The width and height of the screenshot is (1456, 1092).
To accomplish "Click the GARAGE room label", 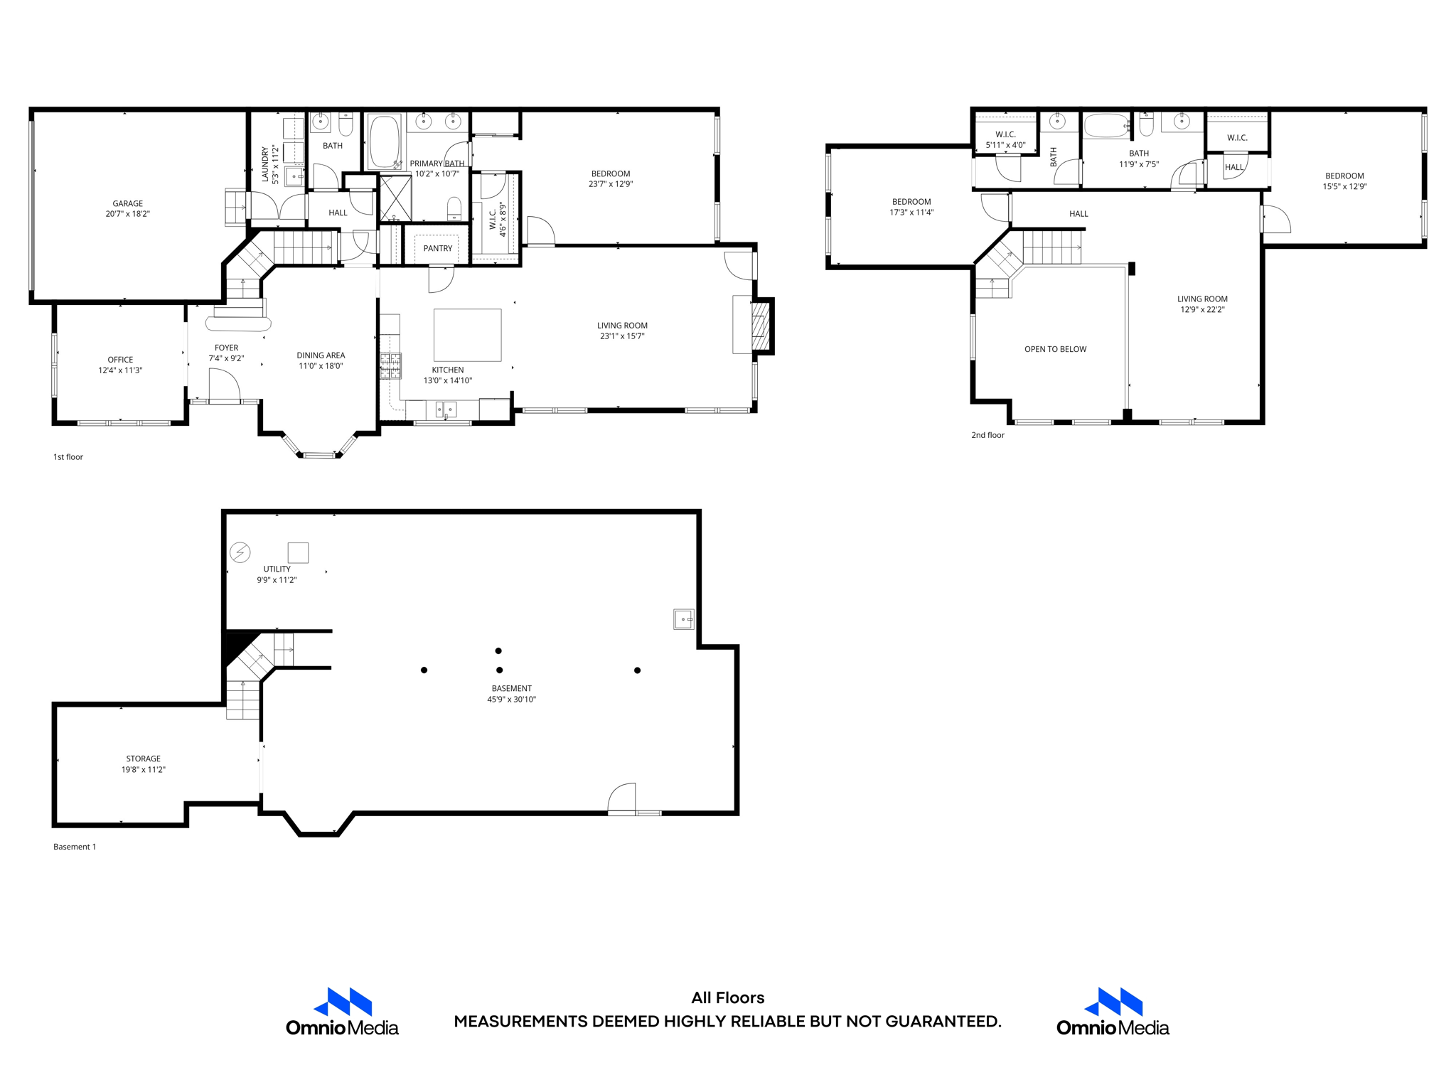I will tap(127, 208).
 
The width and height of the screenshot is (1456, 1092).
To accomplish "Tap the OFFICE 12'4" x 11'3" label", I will tap(120, 365).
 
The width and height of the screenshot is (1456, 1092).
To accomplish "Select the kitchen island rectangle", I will tap(467, 335).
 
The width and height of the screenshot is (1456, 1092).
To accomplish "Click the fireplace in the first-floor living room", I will tap(760, 326).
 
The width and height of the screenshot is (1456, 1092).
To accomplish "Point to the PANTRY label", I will tap(437, 248).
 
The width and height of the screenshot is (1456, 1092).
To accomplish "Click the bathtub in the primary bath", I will tap(384, 141).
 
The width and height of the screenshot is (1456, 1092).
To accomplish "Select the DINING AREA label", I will tap(321, 360).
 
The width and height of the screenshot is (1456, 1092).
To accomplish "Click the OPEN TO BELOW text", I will tap(1055, 349).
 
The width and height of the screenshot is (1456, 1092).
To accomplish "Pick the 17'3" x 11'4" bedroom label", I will tap(911, 207).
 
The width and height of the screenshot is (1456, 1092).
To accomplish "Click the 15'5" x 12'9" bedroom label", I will tap(1344, 181).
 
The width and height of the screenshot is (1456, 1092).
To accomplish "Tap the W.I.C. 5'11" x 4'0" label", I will tap(1005, 139).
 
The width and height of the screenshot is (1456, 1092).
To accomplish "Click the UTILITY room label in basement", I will tap(277, 574).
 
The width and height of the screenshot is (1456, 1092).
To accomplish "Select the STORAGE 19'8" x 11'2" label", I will tap(143, 764).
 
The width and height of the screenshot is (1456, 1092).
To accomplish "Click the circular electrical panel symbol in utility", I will tap(240, 552).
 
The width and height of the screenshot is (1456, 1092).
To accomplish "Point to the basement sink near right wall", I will tap(683, 619).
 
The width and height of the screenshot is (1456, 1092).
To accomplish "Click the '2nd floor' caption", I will tap(987, 435).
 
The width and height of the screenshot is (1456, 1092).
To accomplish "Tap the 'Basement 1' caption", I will tap(74, 847).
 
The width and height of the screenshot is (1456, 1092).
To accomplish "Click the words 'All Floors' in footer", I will tap(727, 997).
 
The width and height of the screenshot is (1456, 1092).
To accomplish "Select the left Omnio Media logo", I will tap(342, 1012).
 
